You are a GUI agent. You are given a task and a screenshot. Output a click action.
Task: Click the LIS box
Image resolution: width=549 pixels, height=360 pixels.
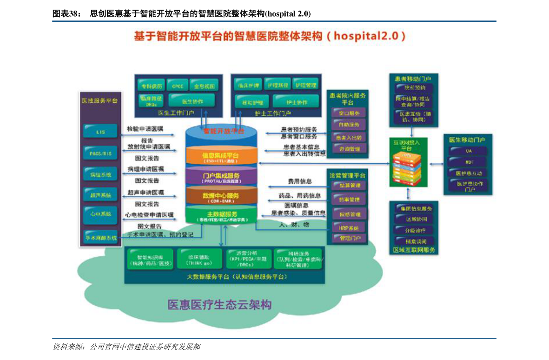click(x=100, y=131)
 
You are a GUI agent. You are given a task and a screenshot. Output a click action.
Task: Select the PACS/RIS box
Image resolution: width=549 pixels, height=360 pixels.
click(x=100, y=153)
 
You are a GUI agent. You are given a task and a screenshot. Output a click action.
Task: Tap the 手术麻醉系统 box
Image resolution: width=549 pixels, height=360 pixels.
click(x=101, y=238)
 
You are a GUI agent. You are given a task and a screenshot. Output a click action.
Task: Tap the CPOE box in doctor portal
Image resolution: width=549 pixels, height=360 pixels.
click(x=177, y=86)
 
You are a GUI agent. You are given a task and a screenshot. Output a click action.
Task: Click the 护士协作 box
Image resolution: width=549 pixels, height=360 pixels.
click(x=296, y=102)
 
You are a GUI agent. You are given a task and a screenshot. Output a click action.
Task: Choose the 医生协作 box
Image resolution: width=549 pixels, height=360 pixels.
click(x=192, y=101)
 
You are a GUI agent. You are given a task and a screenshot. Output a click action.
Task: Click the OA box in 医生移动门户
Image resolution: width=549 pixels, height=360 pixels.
click(x=469, y=151)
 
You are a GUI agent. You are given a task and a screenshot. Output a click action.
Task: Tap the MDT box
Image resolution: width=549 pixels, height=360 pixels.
click(x=469, y=162)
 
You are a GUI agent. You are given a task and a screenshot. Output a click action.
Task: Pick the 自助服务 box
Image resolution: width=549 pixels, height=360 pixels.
click(x=349, y=124)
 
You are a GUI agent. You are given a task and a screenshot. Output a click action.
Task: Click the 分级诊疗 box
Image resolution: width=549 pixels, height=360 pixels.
click(x=413, y=230)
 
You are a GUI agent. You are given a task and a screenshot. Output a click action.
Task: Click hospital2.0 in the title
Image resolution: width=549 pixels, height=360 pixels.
click(x=366, y=36)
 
